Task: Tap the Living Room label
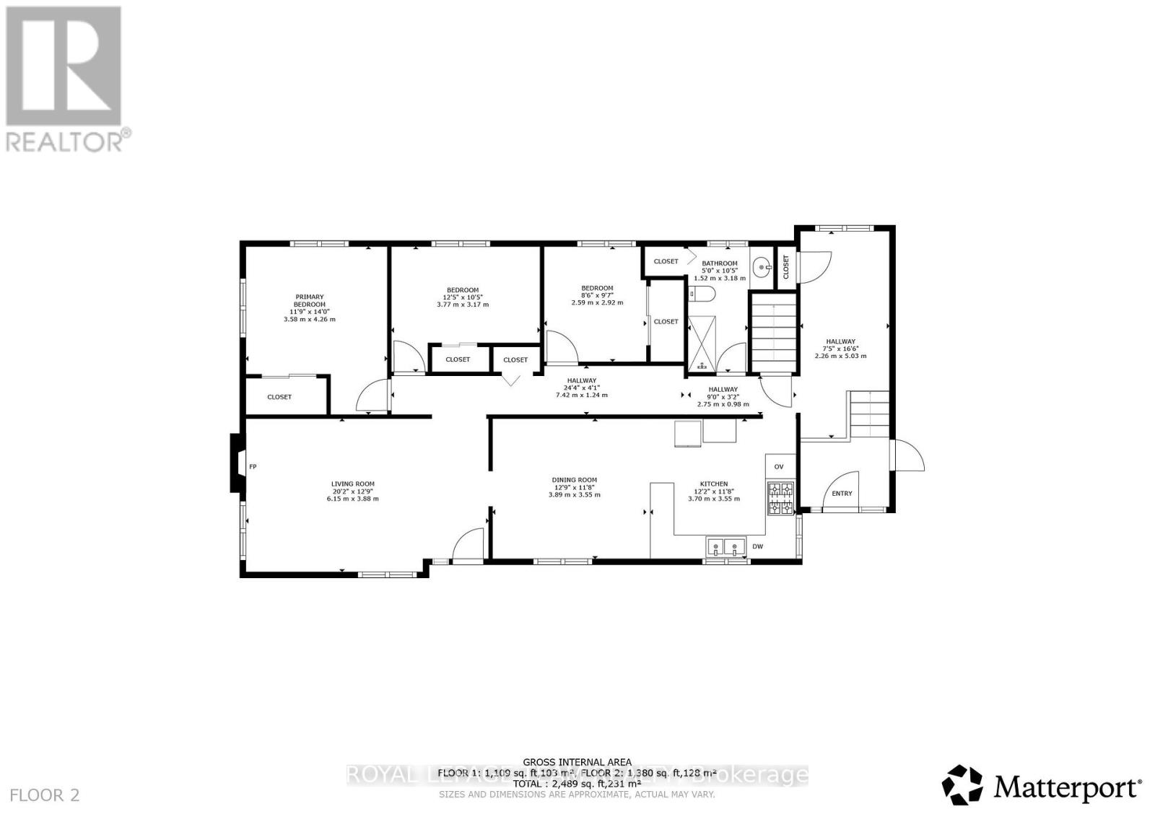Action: pyautogui.click(x=353, y=484)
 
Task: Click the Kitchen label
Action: pyautogui.click(x=713, y=484)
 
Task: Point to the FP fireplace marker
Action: pyautogui.click(x=253, y=467)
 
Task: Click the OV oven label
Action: pyautogui.click(x=779, y=467)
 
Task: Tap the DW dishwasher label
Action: pyautogui.click(x=757, y=546)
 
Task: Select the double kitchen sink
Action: pyautogui.click(x=725, y=547)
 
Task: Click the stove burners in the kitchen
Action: pyautogui.click(x=780, y=499)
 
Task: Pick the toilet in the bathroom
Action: pyautogui.click(x=700, y=294)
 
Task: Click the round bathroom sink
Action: pyautogui.click(x=761, y=268)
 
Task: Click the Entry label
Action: pyautogui.click(x=842, y=494)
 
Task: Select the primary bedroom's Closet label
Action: pyautogui.click(x=279, y=397)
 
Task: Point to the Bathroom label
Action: pyautogui.click(x=719, y=263)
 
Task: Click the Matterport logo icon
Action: pyautogui.click(x=962, y=785)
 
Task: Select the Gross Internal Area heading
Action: pyautogui.click(x=577, y=762)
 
